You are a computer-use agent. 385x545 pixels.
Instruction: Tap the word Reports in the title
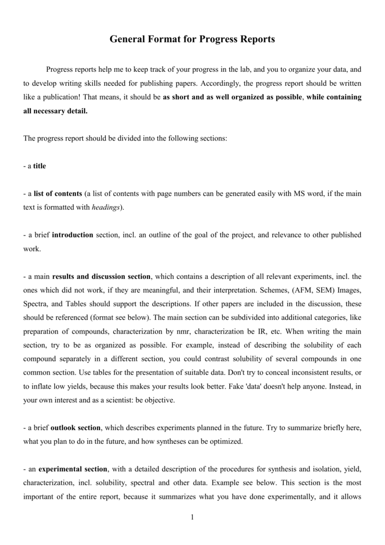pos(255,39)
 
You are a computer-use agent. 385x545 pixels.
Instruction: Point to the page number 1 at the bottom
pos(192,518)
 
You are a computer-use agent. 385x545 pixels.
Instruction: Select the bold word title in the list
pos(40,166)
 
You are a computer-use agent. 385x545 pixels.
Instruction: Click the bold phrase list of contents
pos(58,194)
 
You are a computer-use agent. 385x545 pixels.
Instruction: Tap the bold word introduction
pos(73,235)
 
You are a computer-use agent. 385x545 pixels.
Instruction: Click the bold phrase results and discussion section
pos(102,277)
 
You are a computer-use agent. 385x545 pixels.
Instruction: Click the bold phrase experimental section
pos(74,469)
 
